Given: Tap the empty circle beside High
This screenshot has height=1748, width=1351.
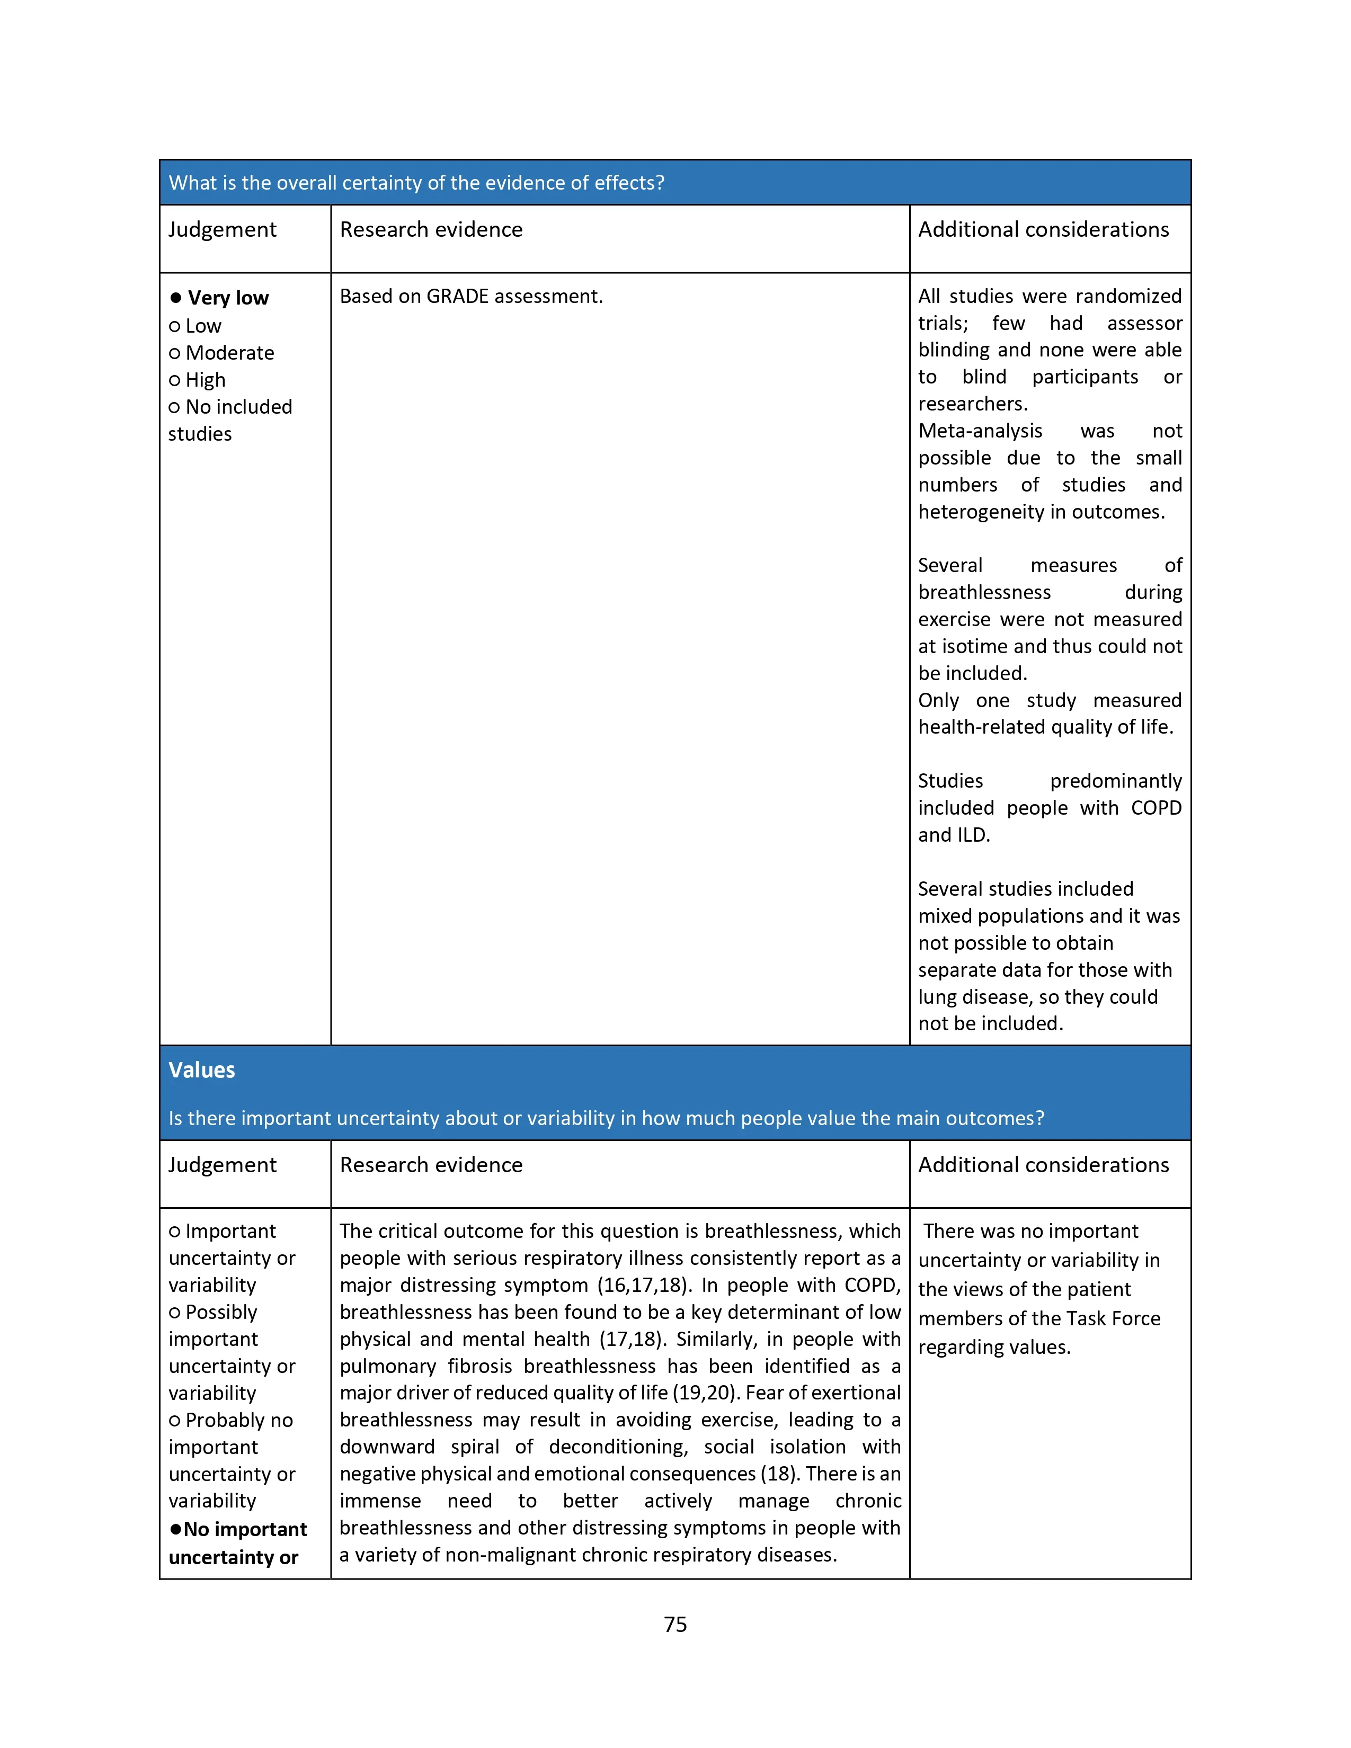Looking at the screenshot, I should (174, 381).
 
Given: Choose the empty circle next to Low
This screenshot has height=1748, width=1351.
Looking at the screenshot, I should (174, 326).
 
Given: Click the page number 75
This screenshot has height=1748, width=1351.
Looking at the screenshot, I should (674, 1624).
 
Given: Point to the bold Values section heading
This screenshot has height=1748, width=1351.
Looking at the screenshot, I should (202, 1070).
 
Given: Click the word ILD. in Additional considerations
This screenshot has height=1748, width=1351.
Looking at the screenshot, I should (972, 835).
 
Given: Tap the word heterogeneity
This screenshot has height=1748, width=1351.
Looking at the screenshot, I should (981, 512).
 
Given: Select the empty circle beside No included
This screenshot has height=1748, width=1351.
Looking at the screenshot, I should (174, 407).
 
